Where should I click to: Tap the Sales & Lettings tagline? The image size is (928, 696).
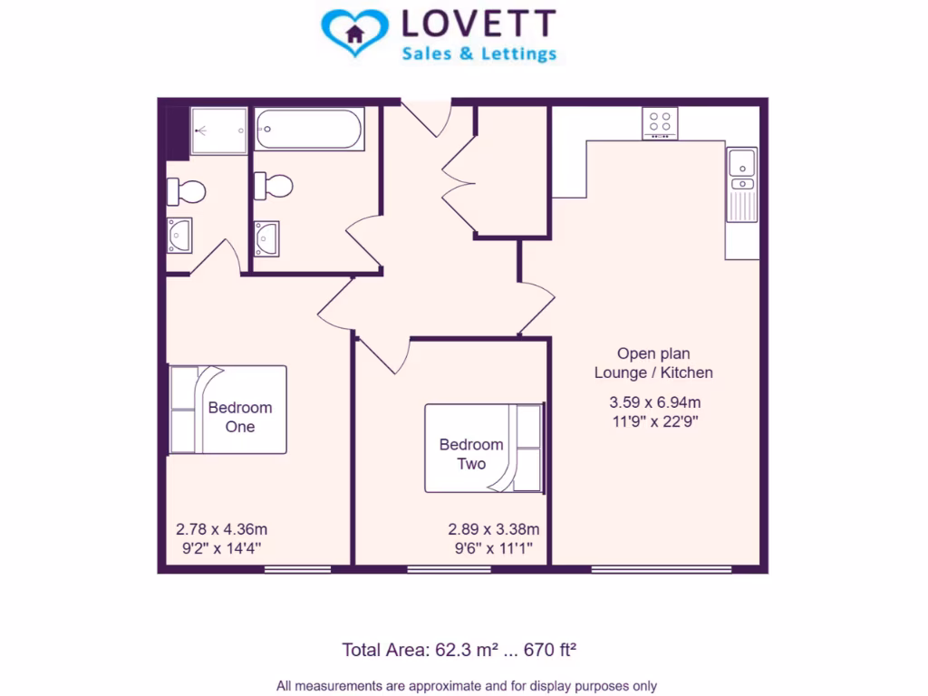coord(478,54)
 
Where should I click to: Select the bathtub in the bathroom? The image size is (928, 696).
coord(309,130)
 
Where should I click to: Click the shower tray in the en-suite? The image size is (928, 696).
coord(218,130)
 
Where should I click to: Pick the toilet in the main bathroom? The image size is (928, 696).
coord(274,186)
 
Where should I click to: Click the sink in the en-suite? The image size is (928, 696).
coord(179,236)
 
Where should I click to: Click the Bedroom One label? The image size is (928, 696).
coord(239,417)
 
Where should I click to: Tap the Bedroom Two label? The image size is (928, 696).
coord(471,454)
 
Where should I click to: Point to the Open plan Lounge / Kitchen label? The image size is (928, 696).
coord(653,363)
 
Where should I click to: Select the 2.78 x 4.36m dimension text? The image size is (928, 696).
coord(221,529)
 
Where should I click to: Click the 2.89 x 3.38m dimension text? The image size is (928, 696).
coord(494,529)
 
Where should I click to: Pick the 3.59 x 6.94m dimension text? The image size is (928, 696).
coord(653,402)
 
